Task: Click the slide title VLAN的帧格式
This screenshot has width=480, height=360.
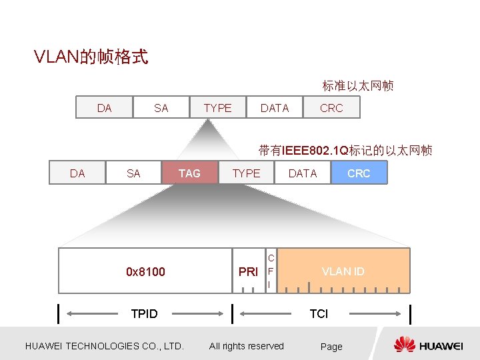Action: [x=91, y=57]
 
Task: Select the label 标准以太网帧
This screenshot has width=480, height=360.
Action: [x=358, y=86]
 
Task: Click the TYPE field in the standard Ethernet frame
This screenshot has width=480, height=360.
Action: [x=217, y=108]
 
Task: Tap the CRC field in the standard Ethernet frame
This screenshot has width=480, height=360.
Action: [x=331, y=108]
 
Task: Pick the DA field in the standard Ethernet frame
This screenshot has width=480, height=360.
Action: [x=105, y=108]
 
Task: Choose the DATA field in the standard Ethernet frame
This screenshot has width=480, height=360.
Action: [x=275, y=108]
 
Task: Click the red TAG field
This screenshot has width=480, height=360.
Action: [x=189, y=173]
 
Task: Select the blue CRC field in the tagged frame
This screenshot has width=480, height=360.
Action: [x=359, y=173]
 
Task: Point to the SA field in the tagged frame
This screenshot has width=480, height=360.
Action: [x=133, y=173]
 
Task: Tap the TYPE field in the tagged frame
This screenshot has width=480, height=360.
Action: [x=246, y=173]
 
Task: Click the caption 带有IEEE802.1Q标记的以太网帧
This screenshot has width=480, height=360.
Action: [x=345, y=151]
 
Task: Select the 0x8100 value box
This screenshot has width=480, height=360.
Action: [x=145, y=271]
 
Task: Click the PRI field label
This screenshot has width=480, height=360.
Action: [x=248, y=272]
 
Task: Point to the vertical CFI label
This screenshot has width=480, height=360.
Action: [x=270, y=271]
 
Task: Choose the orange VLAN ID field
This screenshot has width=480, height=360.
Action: [x=343, y=271]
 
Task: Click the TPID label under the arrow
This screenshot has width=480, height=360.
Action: [x=145, y=314]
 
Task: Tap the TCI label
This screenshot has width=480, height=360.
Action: [x=319, y=314]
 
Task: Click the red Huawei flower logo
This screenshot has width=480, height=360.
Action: [x=405, y=345]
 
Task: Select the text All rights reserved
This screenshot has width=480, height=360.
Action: [x=247, y=346]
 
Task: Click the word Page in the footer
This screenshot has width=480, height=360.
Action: [x=331, y=347]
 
